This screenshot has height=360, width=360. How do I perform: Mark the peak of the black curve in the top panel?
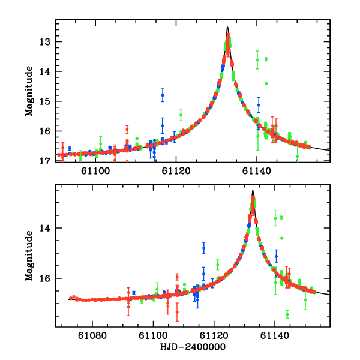(227, 27)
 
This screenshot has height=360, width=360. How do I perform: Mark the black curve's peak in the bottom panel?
(253, 191)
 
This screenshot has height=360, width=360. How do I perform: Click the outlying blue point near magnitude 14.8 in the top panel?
(162, 95)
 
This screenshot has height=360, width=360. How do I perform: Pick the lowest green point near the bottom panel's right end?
(287, 314)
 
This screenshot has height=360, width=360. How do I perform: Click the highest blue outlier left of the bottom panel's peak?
(203, 248)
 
